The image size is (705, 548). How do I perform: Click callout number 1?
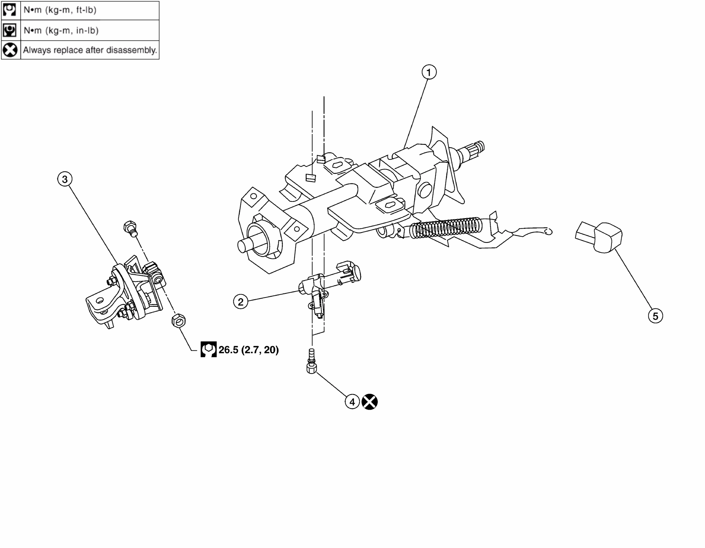point(429,72)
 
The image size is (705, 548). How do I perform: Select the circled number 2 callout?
point(241,302)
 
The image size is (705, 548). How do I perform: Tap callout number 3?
point(65,179)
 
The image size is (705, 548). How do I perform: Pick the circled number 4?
point(352,402)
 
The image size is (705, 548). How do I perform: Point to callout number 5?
point(655,316)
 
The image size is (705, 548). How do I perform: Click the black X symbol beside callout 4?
point(369,402)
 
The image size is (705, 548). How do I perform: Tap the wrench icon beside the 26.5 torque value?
point(209,349)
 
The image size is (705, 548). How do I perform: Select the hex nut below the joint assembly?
point(179,320)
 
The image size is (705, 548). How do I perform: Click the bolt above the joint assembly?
point(130,228)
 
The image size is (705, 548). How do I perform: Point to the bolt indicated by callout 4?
point(311,361)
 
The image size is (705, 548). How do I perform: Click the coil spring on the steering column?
point(446,227)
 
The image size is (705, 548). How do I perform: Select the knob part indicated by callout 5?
point(599,237)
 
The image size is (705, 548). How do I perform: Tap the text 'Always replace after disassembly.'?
point(90,50)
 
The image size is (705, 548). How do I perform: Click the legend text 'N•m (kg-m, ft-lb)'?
point(60,10)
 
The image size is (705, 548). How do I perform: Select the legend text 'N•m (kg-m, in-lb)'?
point(61,30)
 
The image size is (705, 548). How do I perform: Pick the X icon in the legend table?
point(10,50)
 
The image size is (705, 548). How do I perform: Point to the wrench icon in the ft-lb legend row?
point(9,10)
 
